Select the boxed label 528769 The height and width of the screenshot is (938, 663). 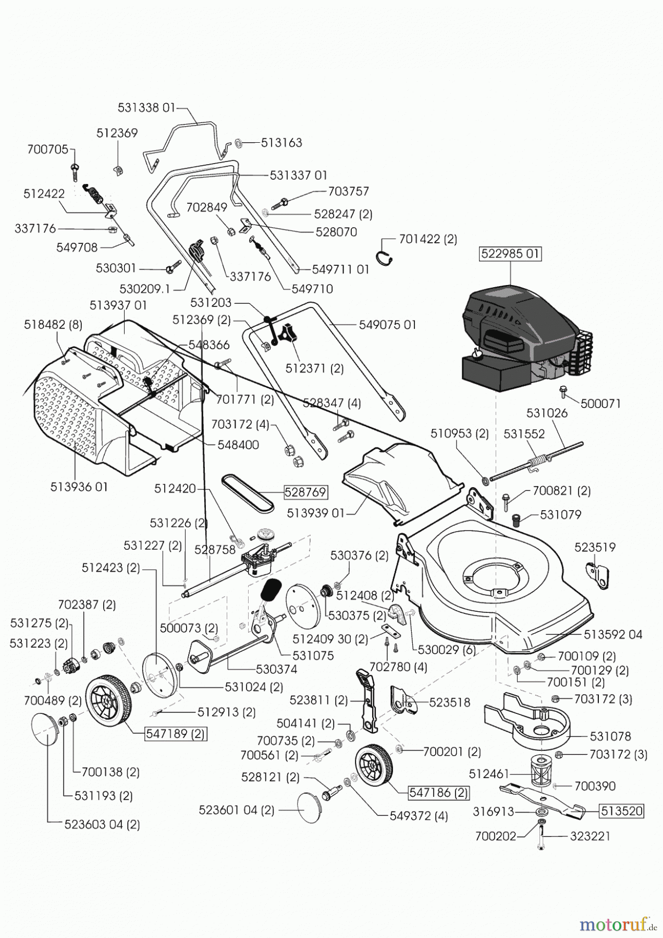(x=305, y=492)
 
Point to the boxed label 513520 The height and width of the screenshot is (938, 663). (x=622, y=811)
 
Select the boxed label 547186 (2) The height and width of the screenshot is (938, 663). (x=438, y=793)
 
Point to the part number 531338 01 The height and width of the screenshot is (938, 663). (x=146, y=108)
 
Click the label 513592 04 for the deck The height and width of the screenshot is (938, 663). (x=613, y=635)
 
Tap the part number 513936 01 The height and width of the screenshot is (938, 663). (x=79, y=487)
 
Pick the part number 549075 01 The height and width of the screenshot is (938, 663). (x=388, y=325)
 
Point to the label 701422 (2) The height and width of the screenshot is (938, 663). (x=428, y=239)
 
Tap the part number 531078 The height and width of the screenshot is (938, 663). (x=610, y=736)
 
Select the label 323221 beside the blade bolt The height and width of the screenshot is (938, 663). (x=590, y=836)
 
